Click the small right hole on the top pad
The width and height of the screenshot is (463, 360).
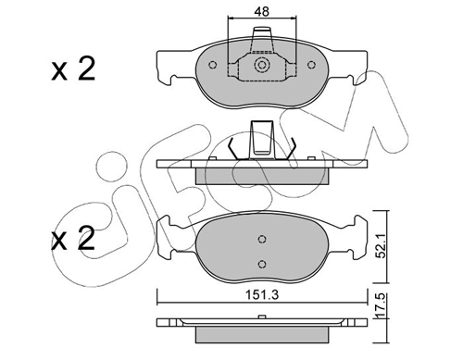pyautogui.click(x=311, y=66)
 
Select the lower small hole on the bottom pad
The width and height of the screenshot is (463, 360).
pyautogui.click(x=262, y=263)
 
